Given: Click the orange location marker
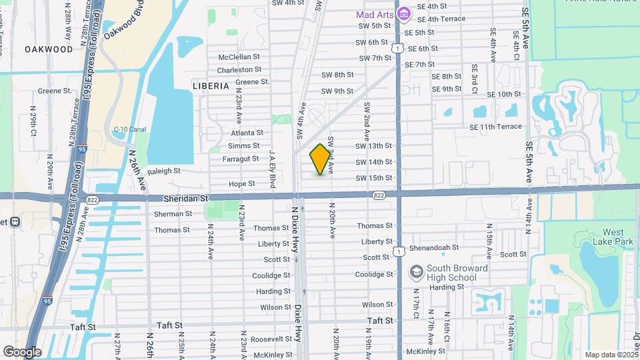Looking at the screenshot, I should pos(320,159).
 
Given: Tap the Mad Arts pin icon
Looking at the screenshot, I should pos(403,13).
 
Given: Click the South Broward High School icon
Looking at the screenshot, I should pos(416,272).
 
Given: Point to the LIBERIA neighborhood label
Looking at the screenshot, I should pos(210,86).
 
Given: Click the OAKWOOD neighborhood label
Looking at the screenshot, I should pos(49,49).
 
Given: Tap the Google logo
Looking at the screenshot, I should pos(22,351).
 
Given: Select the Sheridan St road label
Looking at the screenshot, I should pos(186,198).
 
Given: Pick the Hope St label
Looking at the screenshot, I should pos(242,183).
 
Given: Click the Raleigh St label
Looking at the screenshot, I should pos(164,171).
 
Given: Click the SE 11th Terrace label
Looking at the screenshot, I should pos(495,127).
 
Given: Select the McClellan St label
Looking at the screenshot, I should pos(239,57).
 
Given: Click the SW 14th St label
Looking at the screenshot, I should pos(373,162).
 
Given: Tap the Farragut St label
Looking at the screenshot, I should pos(240,159).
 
